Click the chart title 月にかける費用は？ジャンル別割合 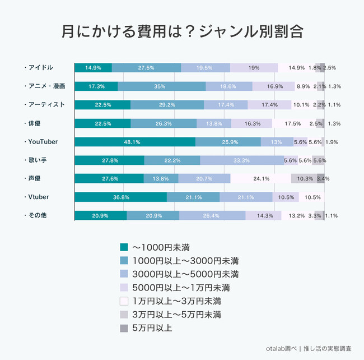182,31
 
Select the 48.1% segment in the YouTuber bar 135,141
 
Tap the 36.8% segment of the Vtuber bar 120,197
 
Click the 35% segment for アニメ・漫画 161,86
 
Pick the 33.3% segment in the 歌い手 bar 242,160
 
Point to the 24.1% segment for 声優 261,178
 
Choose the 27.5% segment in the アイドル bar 146,68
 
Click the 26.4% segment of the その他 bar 212,215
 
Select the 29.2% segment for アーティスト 167,105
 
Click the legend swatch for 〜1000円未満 124,247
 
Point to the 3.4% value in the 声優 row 323,178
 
